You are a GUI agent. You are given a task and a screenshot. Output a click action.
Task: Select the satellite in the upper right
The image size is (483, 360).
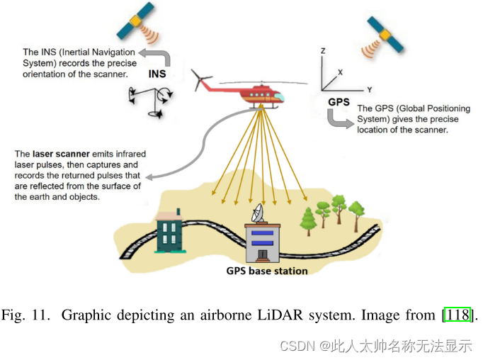click(x=386, y=35)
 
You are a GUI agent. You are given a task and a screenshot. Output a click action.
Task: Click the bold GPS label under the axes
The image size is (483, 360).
click(x=339, y=102)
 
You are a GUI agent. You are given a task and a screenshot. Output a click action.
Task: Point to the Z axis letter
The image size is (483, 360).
click(x=322, y=51)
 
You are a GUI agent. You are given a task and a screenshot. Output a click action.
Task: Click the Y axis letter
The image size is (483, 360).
click(x=369, y=90)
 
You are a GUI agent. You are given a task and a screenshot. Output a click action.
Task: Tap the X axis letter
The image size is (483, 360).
click(x=340, y=72)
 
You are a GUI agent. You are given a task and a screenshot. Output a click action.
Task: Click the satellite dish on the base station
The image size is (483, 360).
click(x=256, y=210)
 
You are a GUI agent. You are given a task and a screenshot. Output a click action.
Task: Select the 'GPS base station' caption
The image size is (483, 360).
click(x=266, y=271)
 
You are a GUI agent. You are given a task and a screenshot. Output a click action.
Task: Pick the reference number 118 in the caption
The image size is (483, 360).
click(x=457, y=314)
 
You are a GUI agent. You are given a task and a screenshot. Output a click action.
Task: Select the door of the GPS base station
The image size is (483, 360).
click(x=262, y=254)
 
